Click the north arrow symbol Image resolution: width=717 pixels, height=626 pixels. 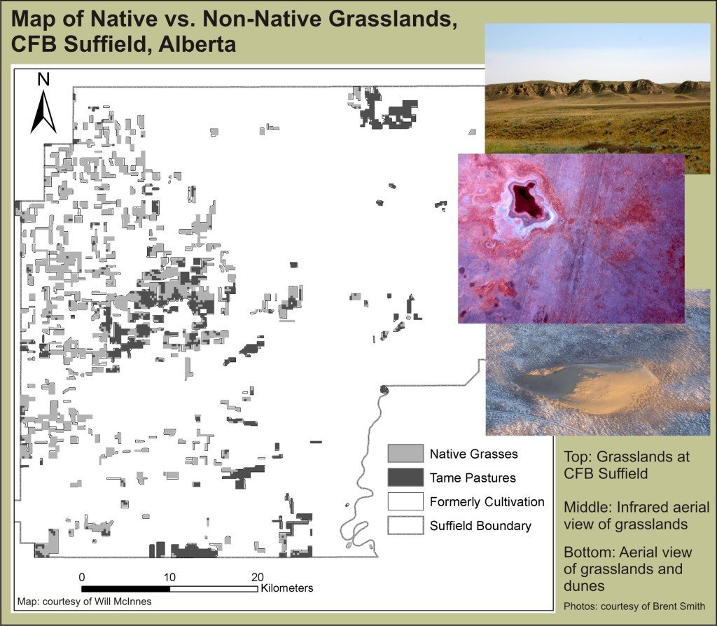pos(43,112)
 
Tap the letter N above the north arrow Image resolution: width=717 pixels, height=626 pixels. pos(43,80)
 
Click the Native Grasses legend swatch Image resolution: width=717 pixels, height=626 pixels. pos(405,454)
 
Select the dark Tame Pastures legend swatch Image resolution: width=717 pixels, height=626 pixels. pos(405,478)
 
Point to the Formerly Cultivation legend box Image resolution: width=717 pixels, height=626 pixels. pos(405,501)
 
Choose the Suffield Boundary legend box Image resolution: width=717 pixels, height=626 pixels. pos(405,525)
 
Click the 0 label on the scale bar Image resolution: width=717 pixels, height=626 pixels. pos(82,577)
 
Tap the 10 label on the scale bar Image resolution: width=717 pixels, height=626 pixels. pos(169,577)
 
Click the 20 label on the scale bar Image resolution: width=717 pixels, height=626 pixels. pos(258,577)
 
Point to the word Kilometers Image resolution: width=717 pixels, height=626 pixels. pos(286,588)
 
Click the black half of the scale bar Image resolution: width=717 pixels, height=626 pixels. pos(126,589)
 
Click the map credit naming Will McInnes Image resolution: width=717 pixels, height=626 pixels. pos(84,601)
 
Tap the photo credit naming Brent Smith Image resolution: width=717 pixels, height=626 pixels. pos(634,606)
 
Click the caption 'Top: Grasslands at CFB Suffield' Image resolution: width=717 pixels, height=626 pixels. pos(627,464)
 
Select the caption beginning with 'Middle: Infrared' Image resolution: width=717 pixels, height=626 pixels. pos(636,515)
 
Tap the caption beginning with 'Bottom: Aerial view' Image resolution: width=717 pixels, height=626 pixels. pos(628,569)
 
